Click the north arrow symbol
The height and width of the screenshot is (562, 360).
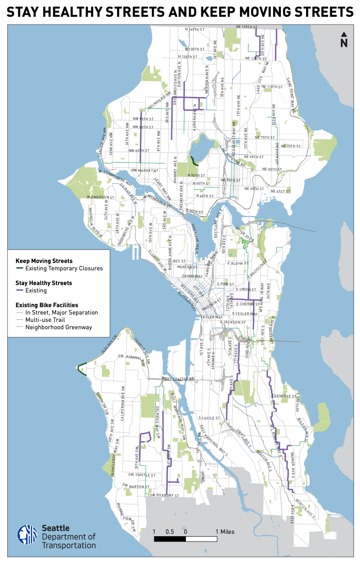point(344,39)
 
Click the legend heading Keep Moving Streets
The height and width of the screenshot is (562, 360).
point(44,261)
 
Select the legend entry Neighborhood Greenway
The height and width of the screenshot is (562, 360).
point(59,327)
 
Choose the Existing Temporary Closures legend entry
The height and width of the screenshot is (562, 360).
point(64,268)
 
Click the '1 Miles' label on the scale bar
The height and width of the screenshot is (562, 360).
point(225,532)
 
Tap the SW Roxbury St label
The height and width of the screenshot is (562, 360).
point(164,495)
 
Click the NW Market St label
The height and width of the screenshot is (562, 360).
point(145,171)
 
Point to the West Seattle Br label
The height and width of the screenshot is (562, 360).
point(178,379)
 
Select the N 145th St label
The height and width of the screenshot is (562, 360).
point(195,29)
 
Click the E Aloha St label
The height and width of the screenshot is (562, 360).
point(238,263)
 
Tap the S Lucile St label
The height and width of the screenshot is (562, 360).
point(209,418)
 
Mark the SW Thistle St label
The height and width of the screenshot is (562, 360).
point(142,475)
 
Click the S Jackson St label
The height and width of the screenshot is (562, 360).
point(233,322)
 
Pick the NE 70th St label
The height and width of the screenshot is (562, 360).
point(291,146)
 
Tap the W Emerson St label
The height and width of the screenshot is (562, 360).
point(101,197)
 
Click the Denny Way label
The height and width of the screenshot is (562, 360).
point(192,277)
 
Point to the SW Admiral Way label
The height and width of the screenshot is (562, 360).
point(130,357)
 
